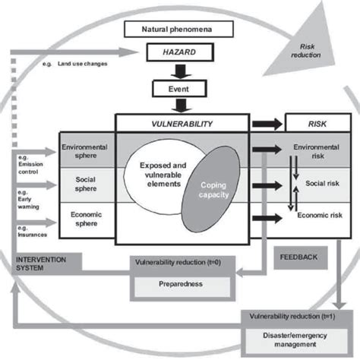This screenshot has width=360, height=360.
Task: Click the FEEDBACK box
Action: coord(301,257)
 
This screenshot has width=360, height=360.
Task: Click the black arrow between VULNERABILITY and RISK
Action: coord(266,122)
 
